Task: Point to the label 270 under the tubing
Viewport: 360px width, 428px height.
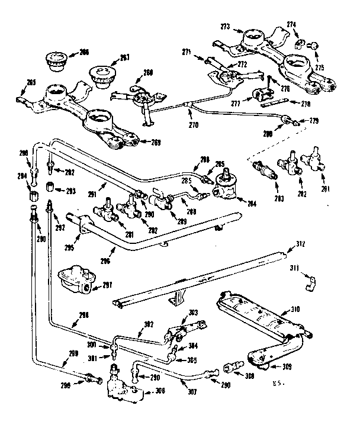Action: [x=193, y=125]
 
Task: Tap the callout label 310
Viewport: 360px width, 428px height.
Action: [x=295, y=310]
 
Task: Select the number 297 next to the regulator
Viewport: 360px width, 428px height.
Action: [x=107, y=285]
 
